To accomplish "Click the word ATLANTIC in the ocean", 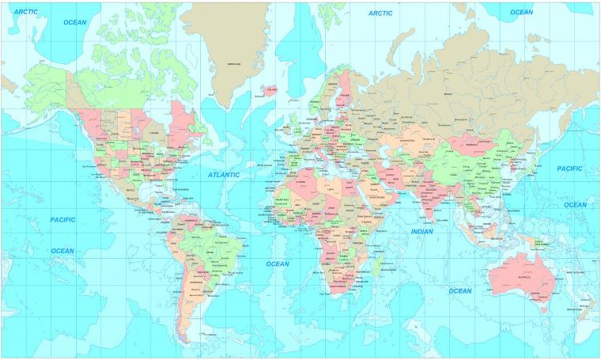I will pos(223,173).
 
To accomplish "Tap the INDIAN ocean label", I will pos(421,231).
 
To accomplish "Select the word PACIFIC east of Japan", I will pos(569,169).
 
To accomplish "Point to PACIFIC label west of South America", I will pos(62,219).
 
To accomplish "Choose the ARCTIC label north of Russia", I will pos(380,13).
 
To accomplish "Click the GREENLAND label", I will pos(234,64).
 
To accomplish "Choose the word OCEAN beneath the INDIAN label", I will pos(459,290).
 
